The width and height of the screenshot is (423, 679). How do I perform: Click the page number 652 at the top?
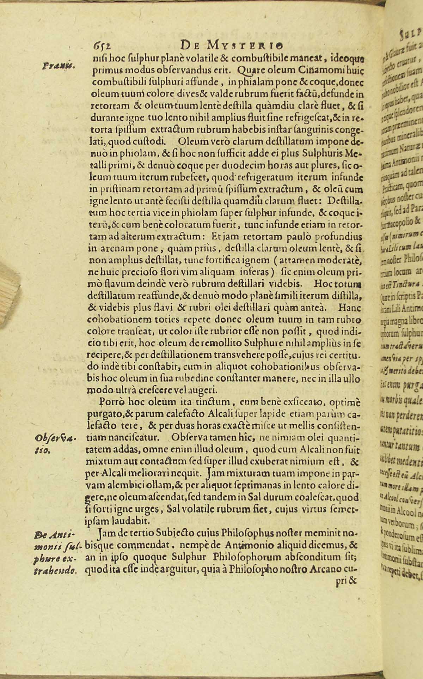pos(102,46)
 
